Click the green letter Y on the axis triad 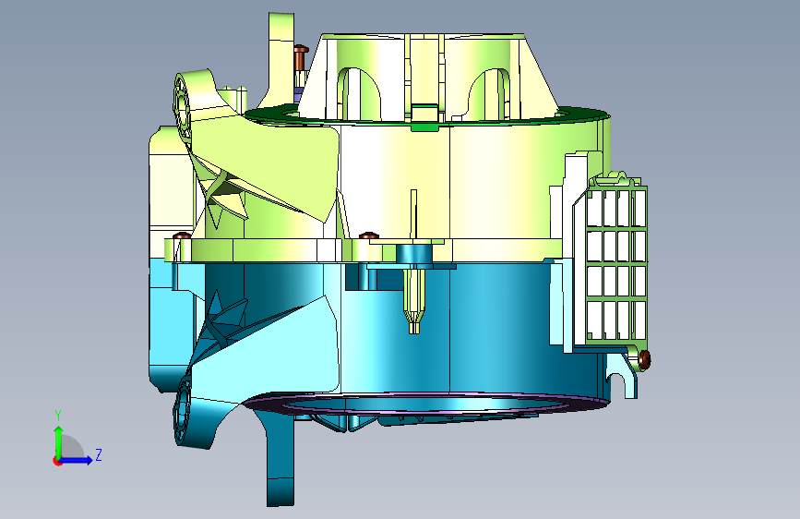click(58, 416)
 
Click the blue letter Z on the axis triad click(99, 454)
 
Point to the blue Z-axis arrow click(77, 460)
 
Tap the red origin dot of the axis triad click(57, 461)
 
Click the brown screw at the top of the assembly click(301, 56)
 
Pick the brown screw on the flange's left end click(182, 236)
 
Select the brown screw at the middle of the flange click(369, 235)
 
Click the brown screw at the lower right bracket click(644, 358)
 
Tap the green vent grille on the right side click(616, 260)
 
